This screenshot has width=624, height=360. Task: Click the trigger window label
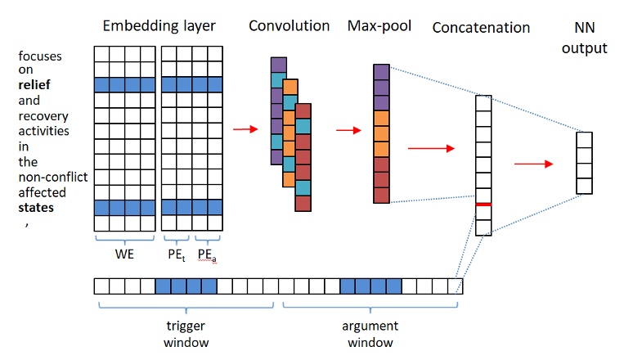click(x=185, y=333)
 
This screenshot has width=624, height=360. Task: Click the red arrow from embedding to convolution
click(x=244, y=128)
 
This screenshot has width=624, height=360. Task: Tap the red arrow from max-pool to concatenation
click(x=430, y=148)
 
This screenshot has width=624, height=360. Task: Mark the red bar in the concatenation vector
click(x=484, y=204)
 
